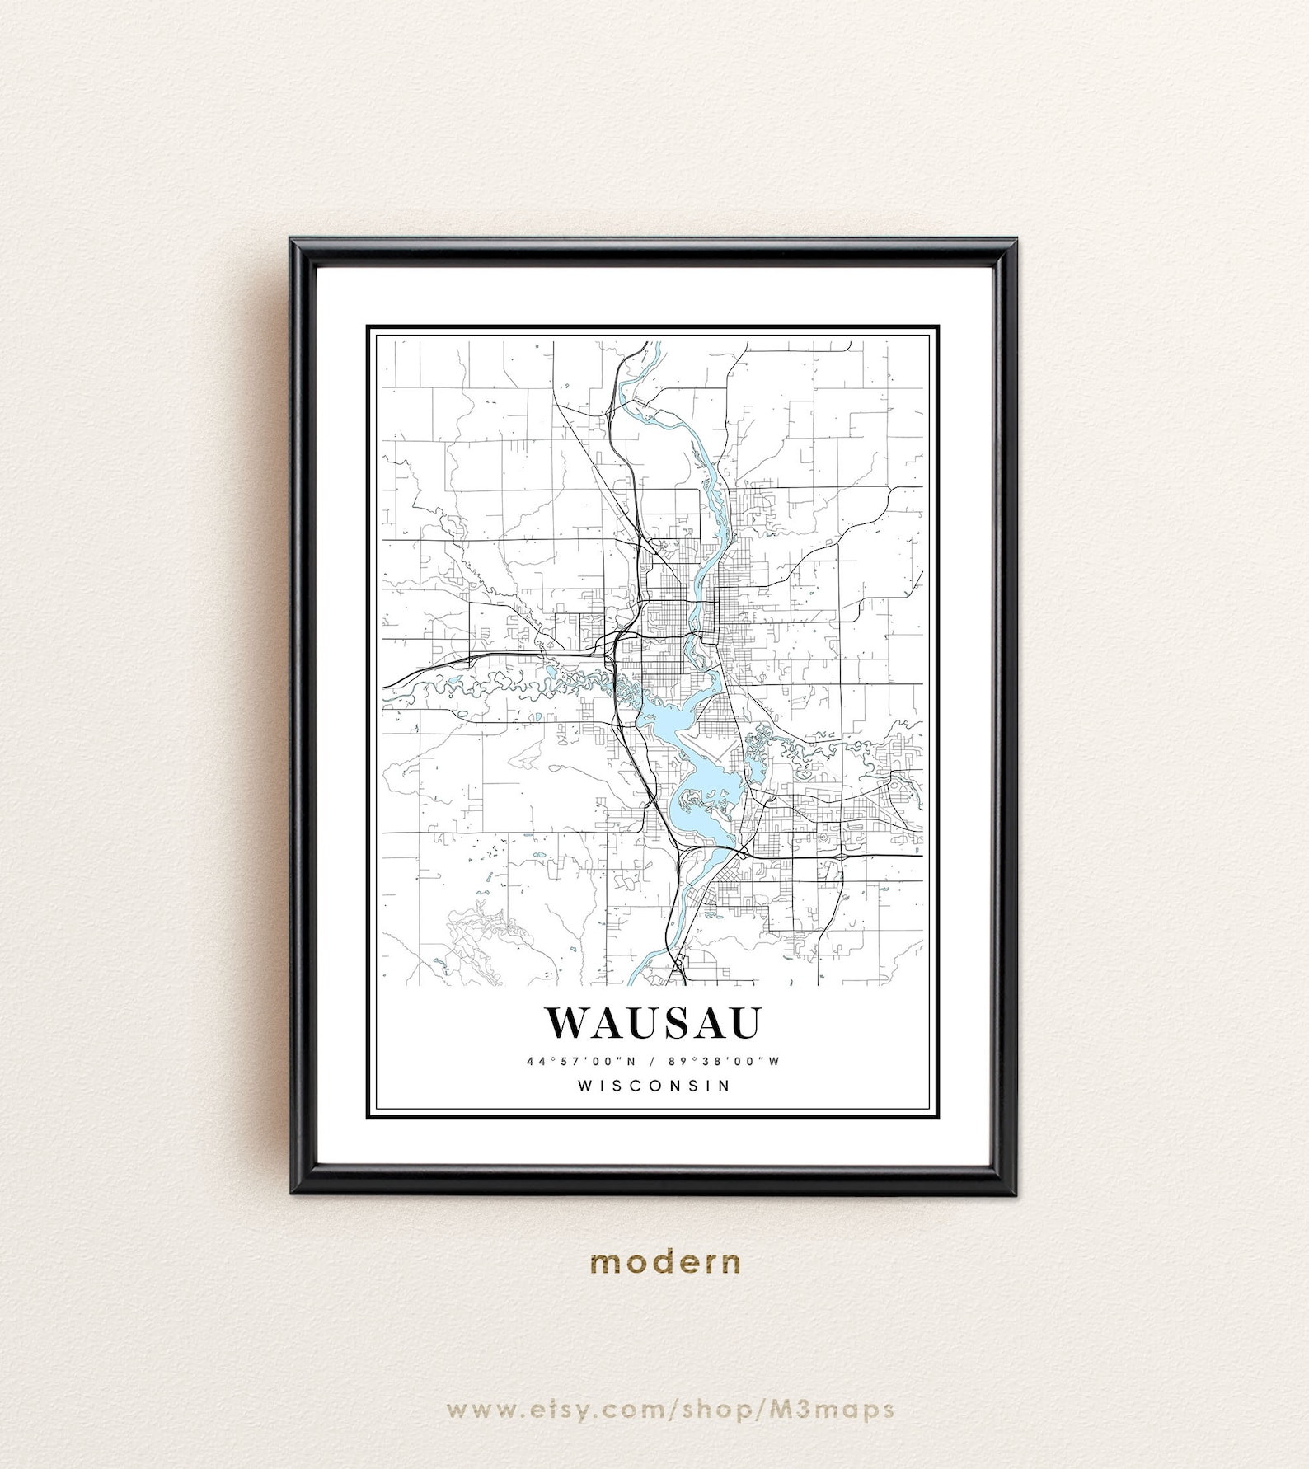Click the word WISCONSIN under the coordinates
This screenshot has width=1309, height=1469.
coord(654,1086)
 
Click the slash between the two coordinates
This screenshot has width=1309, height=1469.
coord(650,1061)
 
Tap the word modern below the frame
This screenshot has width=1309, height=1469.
coord(665,1262)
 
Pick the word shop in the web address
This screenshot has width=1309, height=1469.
coord(712,1409)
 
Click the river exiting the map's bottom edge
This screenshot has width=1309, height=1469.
coord(636,974)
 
